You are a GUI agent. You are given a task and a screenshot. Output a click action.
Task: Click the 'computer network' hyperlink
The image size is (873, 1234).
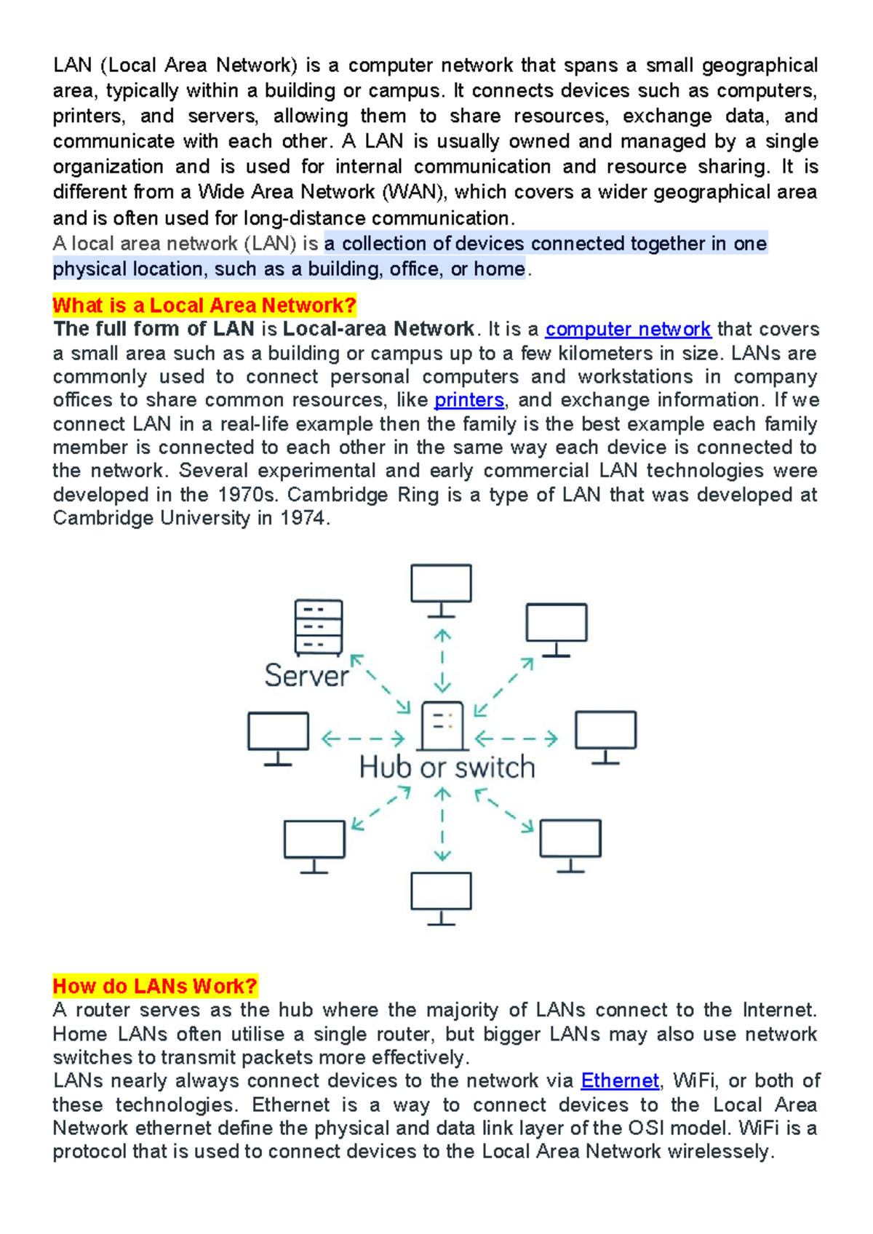[628, 330]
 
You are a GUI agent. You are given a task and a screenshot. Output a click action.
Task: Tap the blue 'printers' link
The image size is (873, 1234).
[469, 400]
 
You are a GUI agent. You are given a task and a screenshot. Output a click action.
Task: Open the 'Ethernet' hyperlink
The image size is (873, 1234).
[620, 1081]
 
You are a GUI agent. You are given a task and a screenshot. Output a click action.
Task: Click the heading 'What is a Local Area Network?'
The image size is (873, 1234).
[204, 306]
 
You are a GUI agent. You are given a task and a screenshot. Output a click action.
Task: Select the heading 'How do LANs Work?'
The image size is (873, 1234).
[155, 987]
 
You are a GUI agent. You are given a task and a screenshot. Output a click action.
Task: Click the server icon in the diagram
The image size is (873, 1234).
[319, 627]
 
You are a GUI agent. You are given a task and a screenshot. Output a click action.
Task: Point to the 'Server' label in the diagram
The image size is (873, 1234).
[306, 676]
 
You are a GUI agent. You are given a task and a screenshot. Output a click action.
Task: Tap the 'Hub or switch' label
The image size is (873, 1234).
[447, 768]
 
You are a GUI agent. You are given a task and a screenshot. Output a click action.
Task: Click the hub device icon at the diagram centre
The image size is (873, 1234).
[442, 725]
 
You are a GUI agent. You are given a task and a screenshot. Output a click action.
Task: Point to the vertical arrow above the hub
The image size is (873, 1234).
[442, 661]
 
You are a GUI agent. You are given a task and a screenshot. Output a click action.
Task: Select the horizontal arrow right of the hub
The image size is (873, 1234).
[517, 739]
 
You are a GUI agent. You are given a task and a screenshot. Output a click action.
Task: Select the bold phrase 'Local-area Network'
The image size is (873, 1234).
[378, 330]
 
